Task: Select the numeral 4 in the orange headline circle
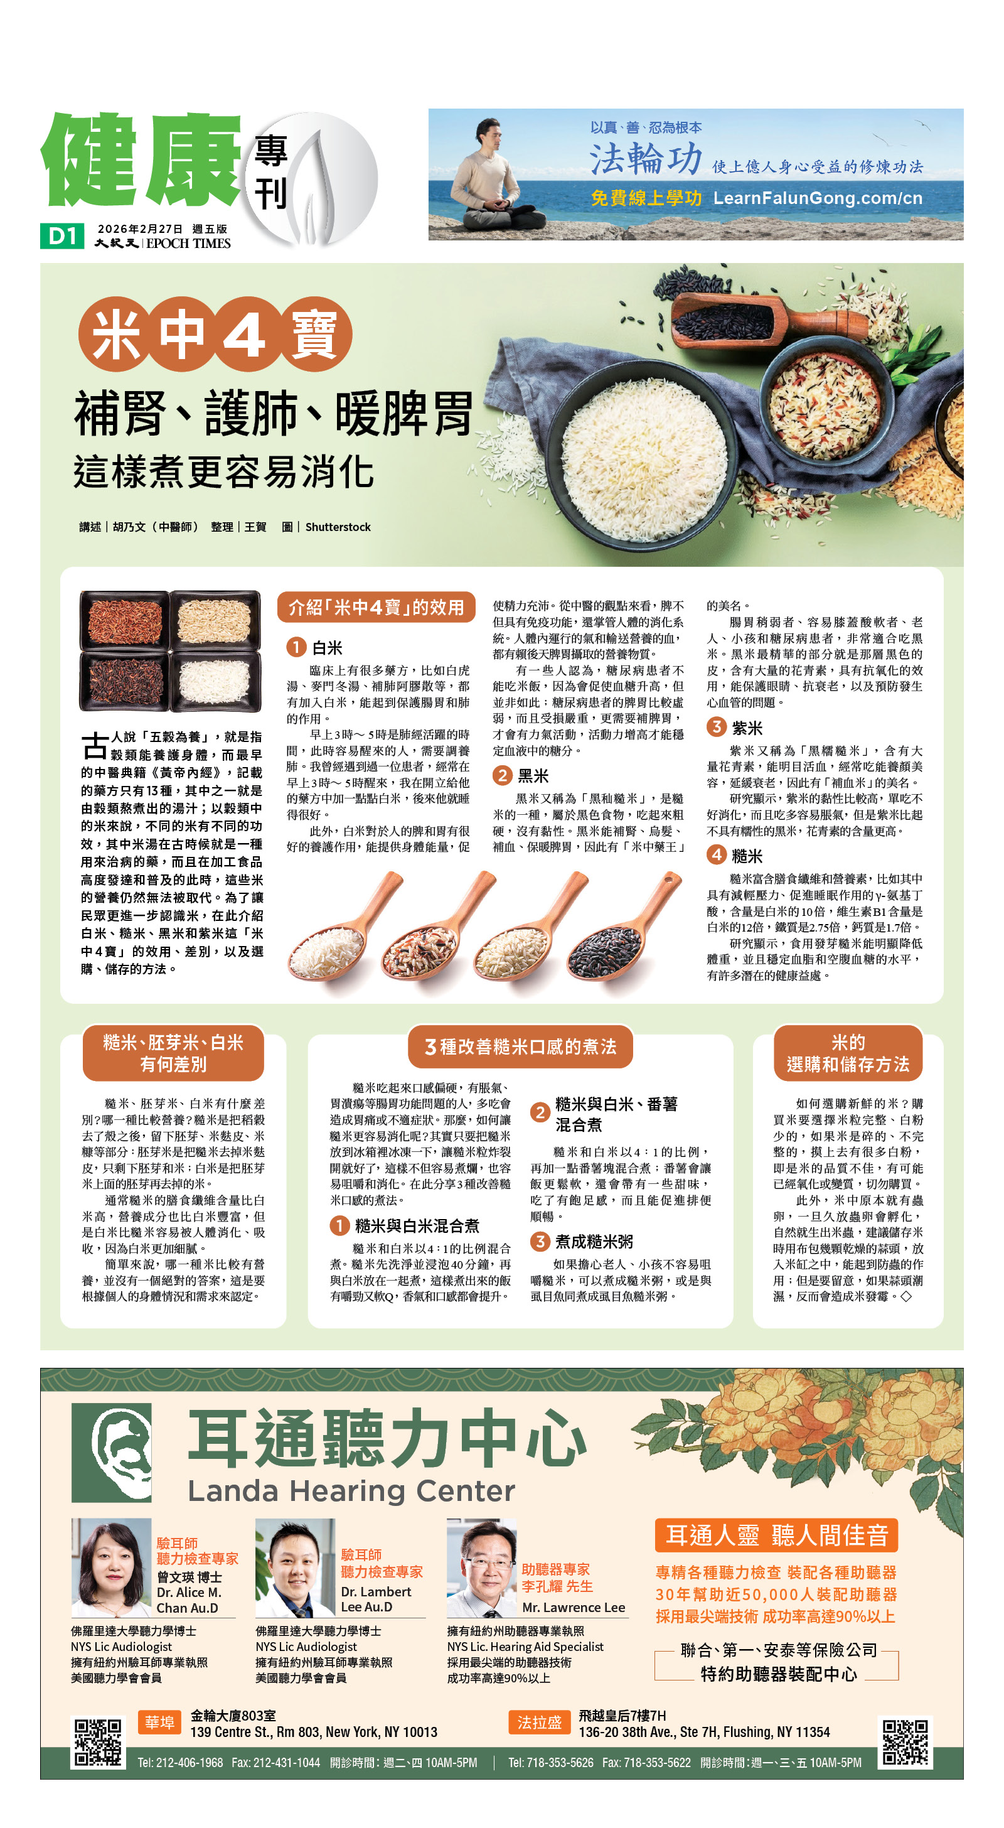(x=243, y=333)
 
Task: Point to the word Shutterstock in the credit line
(x=338, y=527)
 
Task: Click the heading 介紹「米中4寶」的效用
(x=376, y=608)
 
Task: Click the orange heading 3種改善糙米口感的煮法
(x=520, y=1046)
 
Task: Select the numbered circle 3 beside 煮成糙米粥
(x=540, y=1241)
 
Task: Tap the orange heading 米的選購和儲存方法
(x=848, y=1053)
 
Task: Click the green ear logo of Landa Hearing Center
(x=112, y=1453)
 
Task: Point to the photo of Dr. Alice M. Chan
(x=112, y=1567)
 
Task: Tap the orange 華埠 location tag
(x=159, y=1723)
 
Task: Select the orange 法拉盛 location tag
(x=539, y=1723)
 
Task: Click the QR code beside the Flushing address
(x=904, y=1742)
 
